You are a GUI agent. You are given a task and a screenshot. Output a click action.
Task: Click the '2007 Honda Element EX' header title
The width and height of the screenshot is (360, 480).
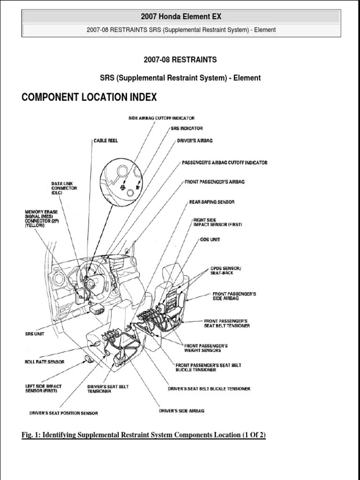181,17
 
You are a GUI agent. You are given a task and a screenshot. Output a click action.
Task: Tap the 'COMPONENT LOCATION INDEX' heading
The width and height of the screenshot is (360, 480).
89,97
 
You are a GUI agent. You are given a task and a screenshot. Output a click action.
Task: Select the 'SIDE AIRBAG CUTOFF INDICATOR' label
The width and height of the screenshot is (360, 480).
161,118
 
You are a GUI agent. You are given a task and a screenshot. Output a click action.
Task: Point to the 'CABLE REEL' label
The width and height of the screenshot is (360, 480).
105,141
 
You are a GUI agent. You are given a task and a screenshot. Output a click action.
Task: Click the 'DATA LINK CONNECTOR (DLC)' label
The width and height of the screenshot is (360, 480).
64,188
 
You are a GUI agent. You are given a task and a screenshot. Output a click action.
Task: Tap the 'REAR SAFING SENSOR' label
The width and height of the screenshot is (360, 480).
211,202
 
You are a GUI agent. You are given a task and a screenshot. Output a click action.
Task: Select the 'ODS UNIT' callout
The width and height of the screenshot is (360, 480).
210,240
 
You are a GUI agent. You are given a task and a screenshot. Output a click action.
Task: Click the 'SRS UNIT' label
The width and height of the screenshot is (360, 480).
36,335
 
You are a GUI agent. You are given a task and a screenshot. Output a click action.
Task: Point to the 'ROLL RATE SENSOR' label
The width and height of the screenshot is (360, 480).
45,362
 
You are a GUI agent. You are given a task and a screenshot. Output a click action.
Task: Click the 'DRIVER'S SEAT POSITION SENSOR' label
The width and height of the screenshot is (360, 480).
63,413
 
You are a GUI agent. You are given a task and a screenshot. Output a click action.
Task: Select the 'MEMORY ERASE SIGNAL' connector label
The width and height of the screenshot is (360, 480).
41,218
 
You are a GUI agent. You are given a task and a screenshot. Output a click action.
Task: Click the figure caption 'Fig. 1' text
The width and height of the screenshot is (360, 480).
143,435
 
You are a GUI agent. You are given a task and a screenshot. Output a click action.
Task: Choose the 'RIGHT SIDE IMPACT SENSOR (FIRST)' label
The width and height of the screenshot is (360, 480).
217,222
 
